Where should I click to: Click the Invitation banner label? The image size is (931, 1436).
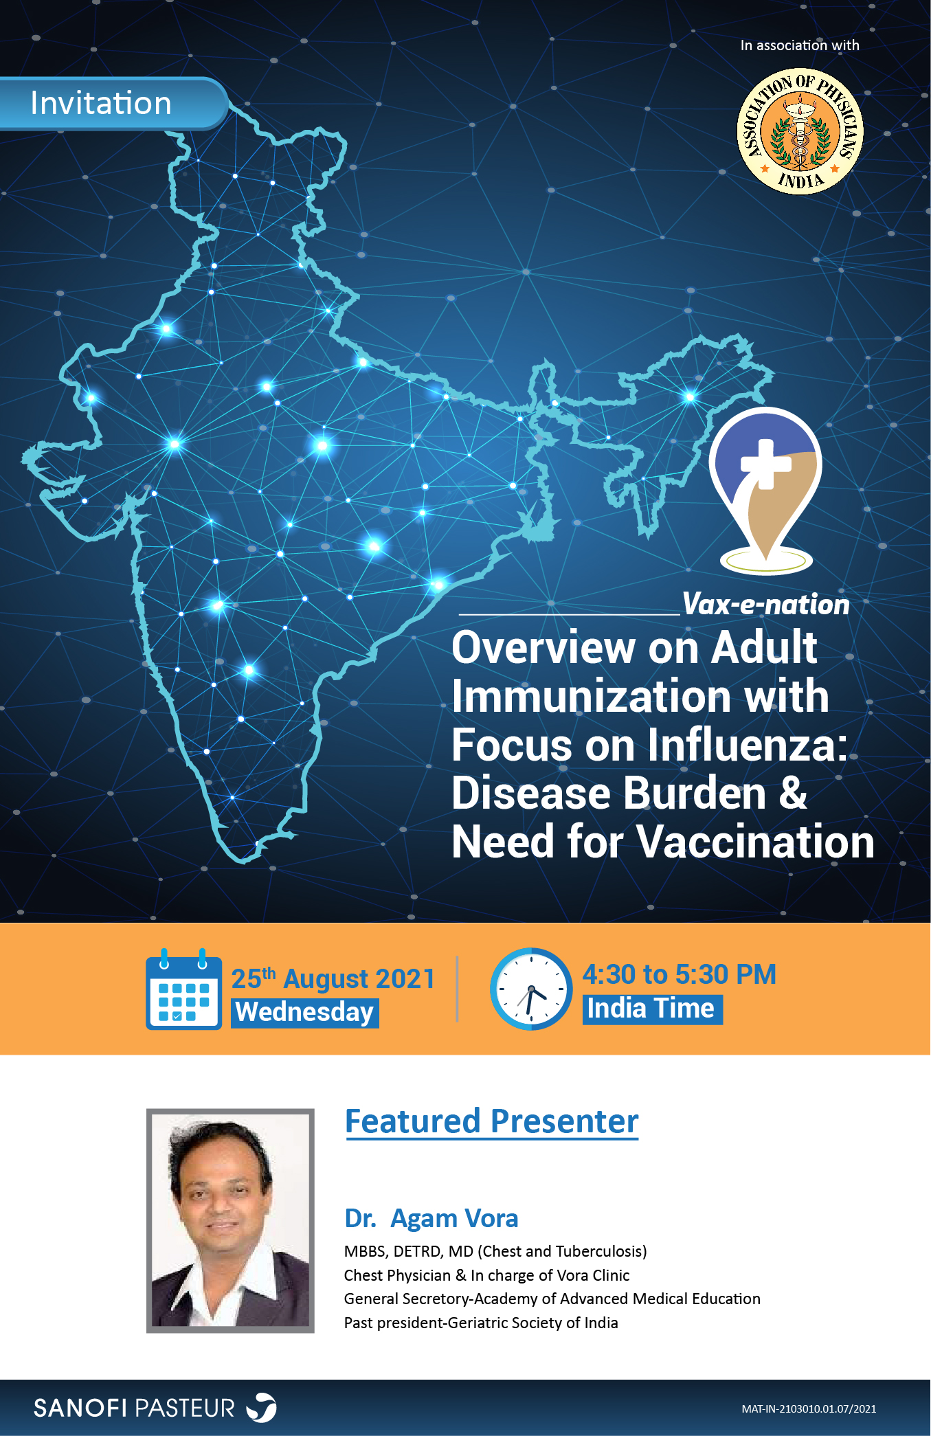(101, 104)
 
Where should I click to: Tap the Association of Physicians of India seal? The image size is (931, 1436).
(800, 131)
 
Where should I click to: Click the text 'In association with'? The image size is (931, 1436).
(800, 45)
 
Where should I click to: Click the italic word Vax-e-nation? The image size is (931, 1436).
(765, 605)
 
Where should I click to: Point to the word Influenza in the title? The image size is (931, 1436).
(742, 745)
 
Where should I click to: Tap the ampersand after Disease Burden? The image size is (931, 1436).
(793, 794)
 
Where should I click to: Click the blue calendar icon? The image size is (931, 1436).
(183, 991)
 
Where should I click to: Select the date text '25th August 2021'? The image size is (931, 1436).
(333, 978)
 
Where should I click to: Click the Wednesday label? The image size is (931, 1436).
(304, 1013)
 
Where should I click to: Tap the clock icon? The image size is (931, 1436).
(530, 989)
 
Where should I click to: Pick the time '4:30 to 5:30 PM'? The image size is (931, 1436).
(679, 974)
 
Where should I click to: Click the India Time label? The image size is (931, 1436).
(651, 1009)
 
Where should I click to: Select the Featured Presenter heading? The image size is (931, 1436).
(491, 1121)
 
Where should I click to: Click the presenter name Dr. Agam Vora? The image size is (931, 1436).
(431, 1218)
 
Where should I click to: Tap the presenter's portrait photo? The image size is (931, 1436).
(230, 1220)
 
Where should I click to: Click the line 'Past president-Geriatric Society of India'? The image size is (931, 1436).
(481, 1323)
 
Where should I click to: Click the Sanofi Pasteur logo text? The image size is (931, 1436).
(135, 1408)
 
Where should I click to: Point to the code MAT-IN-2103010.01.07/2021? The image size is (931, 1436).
(809, 1409)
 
